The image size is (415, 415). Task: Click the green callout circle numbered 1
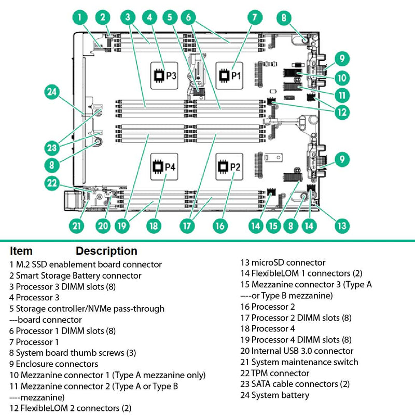[x=79, y=17]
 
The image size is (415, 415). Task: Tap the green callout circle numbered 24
[x=51, y=93]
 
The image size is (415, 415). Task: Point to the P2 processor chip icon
[x=230, y=167]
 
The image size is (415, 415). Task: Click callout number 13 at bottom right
[x=341, y=226]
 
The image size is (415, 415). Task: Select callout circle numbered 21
[x=76, y=226]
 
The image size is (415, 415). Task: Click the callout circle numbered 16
[x=220, y=226]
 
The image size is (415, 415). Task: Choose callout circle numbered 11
[x=341, y=95]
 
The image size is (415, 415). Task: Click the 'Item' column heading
[x=21, y=251]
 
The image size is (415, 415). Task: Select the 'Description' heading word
[x=106, y=251]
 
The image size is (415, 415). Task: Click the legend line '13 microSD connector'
[x=283, y=262]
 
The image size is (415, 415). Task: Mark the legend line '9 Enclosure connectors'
[x=54, y=364]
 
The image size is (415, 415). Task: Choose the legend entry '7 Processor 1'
[x=34, y=341]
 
